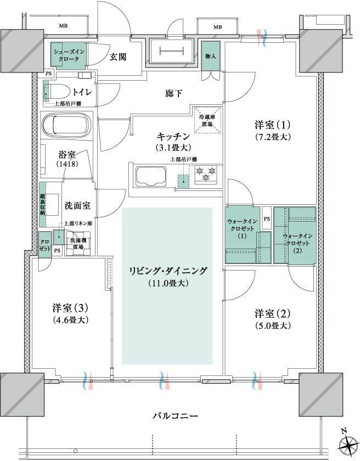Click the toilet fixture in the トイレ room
pos(57,92)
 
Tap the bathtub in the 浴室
pos(67,125)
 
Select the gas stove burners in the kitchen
pos(206,173)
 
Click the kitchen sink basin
pos(151,176)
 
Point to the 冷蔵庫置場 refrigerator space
pos(207,120)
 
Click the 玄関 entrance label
pos(118,57)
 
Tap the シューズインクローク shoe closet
pos(69,54)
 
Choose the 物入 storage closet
pos(210,56)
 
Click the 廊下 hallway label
pos(173,93)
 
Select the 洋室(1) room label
pos(272,125)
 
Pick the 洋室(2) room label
pos(272,314)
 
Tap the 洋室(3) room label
pos(71,308)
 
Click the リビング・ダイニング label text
pos(168,271)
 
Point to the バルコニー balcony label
pos(175,416)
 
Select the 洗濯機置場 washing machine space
pos(78,244)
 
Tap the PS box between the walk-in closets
pos(267,218)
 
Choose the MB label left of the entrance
pos(63,26)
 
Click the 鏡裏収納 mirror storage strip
pos(43,205)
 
